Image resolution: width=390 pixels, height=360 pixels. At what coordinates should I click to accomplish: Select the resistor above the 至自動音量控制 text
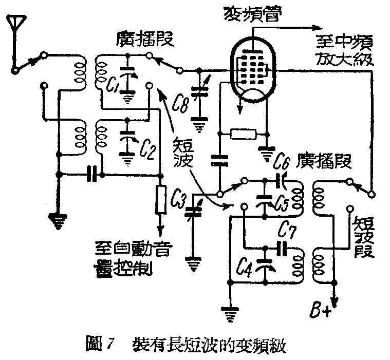pos(161,200)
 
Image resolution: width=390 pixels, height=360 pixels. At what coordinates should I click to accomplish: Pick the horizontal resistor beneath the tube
pos(243,135)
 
